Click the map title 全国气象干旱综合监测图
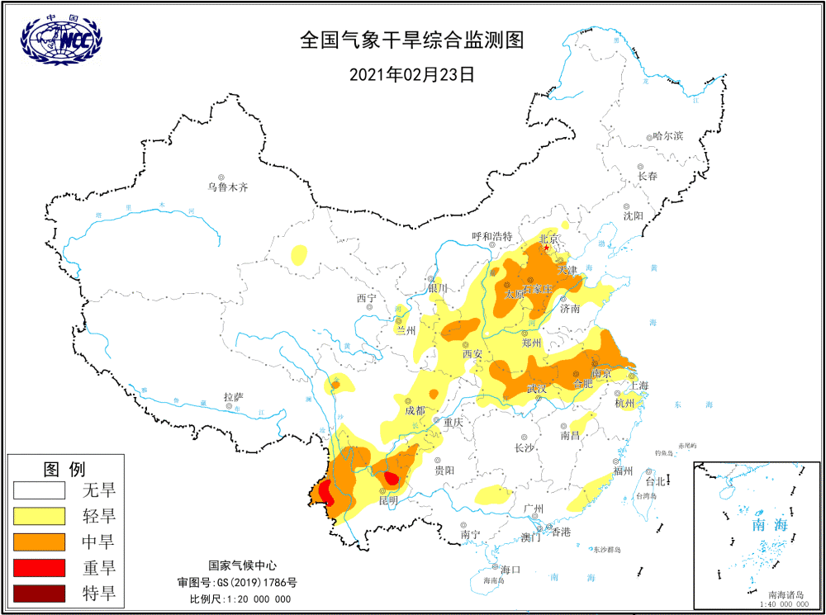[412, 40]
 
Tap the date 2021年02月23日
[412, 74]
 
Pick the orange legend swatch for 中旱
[39, 542]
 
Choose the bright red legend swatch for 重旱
[39, 567]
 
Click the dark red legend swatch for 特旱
[39, 593]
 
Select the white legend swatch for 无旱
[39, 490]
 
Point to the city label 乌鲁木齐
[227, 187]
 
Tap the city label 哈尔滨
[667, 135]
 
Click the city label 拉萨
[233, 397]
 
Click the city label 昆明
[388, 500]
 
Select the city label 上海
[638, 385]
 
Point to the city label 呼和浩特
[492, 236]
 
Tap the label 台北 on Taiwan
[655, 481]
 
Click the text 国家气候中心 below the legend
[240, 566]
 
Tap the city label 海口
[510, 570]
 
